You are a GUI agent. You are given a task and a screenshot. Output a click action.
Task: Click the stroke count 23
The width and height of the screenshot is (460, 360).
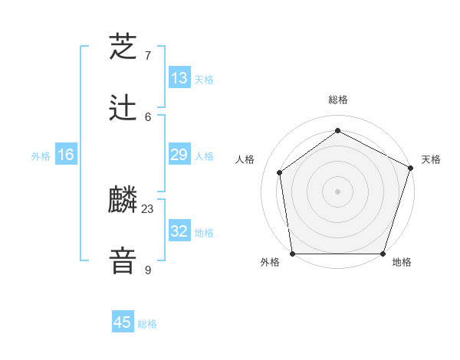148,208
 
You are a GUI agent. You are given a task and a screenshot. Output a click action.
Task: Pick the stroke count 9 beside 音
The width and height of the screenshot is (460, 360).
148,270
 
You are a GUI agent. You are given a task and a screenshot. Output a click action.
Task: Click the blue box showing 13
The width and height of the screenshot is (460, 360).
179,78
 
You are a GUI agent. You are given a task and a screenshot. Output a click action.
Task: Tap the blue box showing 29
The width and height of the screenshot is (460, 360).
179,155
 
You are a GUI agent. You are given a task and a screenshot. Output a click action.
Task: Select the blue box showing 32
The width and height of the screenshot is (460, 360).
179,231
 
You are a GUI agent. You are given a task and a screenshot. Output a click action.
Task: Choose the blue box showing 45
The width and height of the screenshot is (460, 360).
123,322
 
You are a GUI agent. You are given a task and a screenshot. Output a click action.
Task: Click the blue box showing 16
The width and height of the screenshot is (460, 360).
66,155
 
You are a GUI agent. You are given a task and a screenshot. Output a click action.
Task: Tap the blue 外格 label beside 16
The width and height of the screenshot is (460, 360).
41,156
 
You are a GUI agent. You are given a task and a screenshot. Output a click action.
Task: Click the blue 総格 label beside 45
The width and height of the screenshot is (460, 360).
147,324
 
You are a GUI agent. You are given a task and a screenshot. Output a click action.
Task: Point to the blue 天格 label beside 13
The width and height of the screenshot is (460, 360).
204,80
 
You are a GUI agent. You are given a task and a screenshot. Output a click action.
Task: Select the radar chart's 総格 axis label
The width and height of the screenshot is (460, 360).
338,100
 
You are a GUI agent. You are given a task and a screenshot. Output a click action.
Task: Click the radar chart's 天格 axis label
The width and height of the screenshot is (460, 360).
431,159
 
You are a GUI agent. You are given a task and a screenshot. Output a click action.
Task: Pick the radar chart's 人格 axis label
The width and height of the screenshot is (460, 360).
245,159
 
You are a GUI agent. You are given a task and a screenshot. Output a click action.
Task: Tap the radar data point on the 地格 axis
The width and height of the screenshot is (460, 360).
383,254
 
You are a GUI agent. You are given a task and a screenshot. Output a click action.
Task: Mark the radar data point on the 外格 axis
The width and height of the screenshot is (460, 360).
292,254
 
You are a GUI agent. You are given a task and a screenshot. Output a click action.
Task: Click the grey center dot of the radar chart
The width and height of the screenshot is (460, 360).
338,191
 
